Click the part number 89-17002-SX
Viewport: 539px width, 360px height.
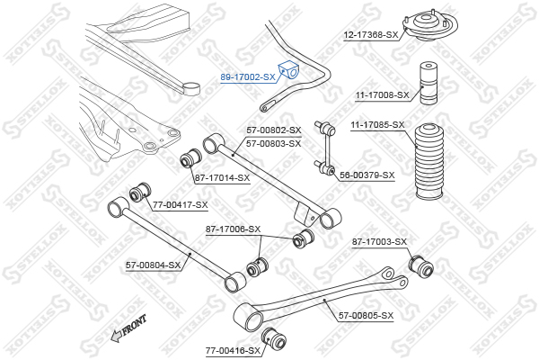click(248, 77)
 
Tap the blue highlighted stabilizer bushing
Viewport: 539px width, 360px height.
click(289, 70)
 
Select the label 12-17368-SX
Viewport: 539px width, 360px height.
click(371, 35)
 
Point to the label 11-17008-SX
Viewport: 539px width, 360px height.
click(383, 94)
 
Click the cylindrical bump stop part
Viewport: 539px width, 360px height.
click(429, 83)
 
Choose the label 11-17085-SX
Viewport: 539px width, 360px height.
click(378, 125)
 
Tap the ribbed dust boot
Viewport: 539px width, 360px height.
click(429, 161)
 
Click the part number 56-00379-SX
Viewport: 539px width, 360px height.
click(367, 175)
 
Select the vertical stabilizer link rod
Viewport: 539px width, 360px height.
click(325, 148)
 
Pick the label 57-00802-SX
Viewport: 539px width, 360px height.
click(274, 130)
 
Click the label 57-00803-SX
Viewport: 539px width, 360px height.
click(274, 143)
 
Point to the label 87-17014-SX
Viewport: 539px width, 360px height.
click(223, 178)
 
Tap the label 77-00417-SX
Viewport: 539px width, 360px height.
click(181, 205)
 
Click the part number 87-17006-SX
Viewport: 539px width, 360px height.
click(233, 229)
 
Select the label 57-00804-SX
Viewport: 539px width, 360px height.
click(153, 265)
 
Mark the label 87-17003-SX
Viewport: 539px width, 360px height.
click(379, 242)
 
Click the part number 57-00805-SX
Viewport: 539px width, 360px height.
click(367, 316)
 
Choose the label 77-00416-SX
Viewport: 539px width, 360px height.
click(233, 351)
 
